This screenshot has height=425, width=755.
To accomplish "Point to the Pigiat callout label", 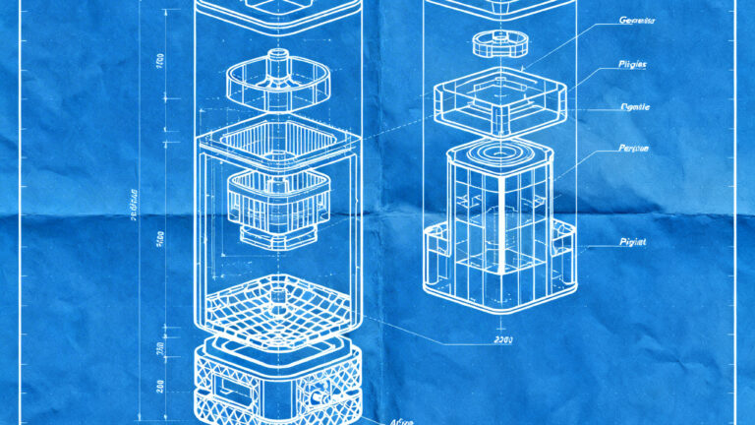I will (x=631, y=242).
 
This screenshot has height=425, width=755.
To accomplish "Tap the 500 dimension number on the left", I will (x=159, y=237).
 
